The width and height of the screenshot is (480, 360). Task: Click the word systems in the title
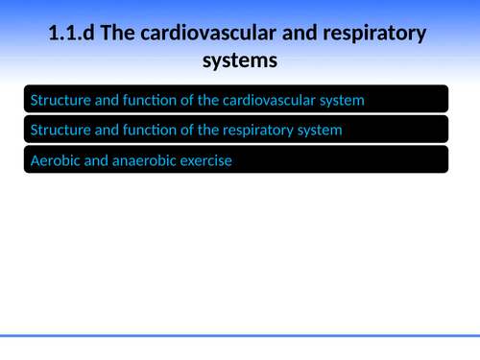[239, 60]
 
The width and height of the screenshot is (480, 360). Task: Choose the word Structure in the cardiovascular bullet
[60, 99]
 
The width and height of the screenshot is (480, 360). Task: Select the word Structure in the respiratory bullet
[60, 129]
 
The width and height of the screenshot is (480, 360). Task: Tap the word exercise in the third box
[207, 160]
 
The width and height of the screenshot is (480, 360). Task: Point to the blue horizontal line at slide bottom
[240, 336]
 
